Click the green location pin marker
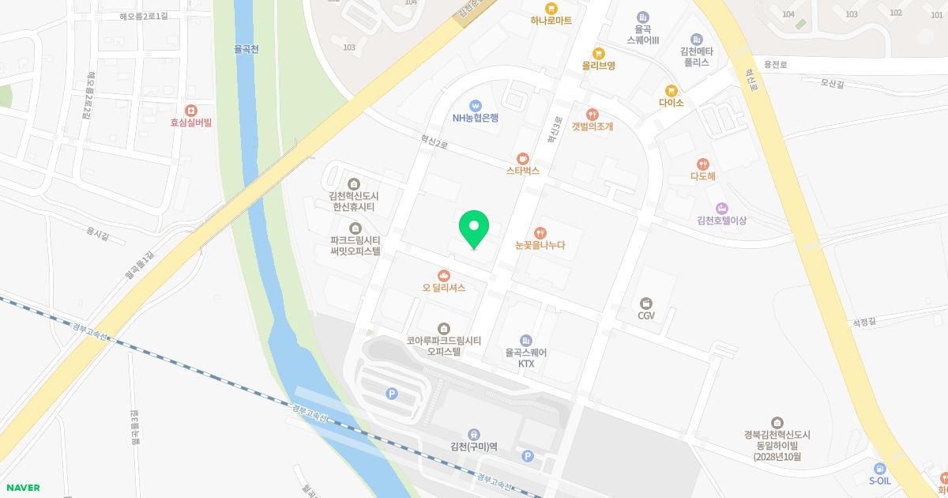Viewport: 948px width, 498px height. coord(474,228)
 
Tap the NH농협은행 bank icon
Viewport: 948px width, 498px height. coord(476,105)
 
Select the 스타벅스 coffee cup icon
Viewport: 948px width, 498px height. coord(522,157)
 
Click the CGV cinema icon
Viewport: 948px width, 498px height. coord(647,303)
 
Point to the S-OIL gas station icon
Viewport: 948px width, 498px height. coord(880,468)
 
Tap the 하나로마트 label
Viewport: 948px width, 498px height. coord(551,21)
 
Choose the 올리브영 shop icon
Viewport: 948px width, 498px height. coord(599,54)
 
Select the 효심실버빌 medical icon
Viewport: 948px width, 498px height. coord(190,110)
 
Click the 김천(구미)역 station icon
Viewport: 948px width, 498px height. coord(473,433)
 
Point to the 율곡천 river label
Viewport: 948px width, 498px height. coord(247,48)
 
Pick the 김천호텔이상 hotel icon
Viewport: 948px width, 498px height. coord(721,208)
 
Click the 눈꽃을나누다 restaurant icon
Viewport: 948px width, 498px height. coord(540,232)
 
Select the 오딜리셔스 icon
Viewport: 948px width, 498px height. coord(444,275)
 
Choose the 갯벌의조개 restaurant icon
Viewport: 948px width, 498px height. coord(592,114)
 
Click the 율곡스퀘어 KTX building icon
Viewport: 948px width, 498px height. coord(526,341)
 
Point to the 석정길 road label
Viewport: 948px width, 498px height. coord(865,322)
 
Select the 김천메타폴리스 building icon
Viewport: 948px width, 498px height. coord(696,39)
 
